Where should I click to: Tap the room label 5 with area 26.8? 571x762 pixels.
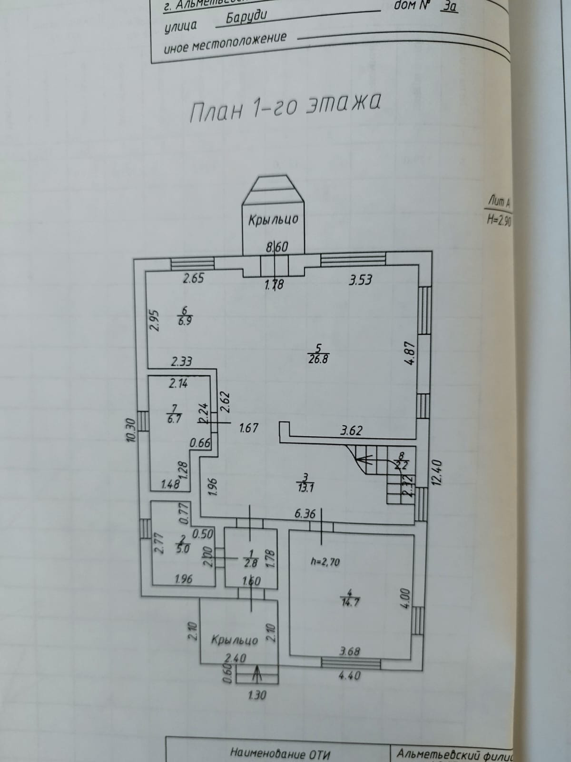coord(318,354)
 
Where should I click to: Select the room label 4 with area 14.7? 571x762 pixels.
coord(350,597)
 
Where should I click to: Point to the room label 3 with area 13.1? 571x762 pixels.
coord(306,481)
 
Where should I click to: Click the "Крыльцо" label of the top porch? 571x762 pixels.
coord(273,220)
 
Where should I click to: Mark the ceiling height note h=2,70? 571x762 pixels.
coord(325,562)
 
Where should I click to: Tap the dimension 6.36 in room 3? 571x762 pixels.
coord(305,514)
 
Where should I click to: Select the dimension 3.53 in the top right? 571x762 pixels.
coord(360,280)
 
